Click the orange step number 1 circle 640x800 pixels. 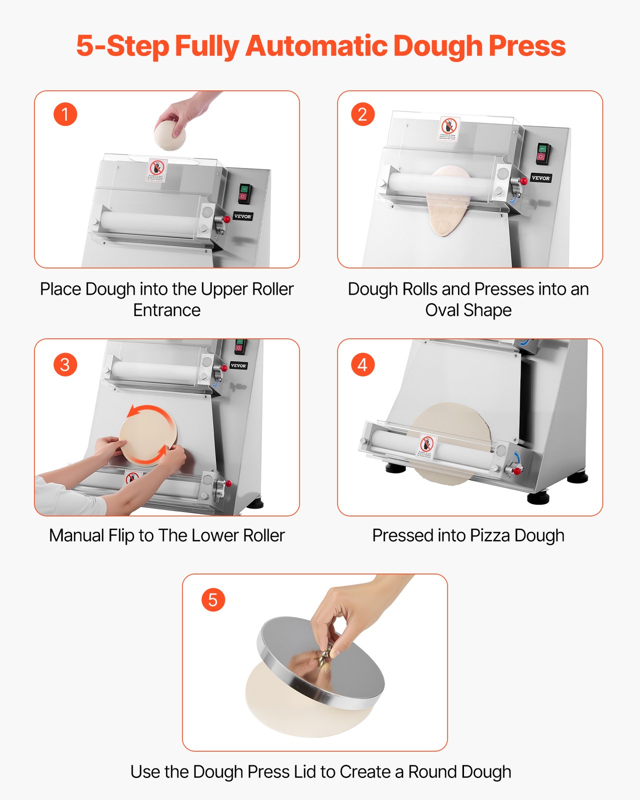[x=65, y=114]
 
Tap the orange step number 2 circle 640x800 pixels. [x=362, y=114]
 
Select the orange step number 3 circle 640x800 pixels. [x=65, y=364]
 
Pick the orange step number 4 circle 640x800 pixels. [x=362, y=364]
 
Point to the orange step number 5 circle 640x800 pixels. [x=213, y=599]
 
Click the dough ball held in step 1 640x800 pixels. [x=169, y=135]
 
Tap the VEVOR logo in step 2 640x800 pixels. [x=540, y=178]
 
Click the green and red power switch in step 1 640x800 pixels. [x=244, y=192]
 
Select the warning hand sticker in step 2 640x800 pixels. [x=449, y=128]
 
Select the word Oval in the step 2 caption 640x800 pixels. [x=442, y=310]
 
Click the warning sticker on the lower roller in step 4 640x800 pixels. [x=426, y=446]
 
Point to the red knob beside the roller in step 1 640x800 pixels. [x=227, y=219]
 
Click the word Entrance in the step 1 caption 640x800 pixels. [x=166, y=310]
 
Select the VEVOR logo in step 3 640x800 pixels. [x=238, y=365]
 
